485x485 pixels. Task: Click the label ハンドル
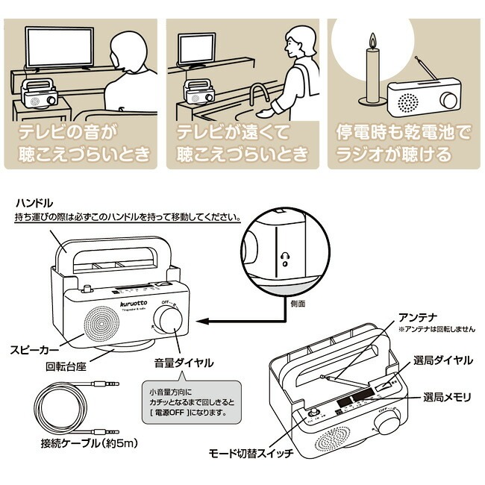tap(33, 203)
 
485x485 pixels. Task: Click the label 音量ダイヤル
tap(184, 363)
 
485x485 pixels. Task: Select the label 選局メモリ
tap(448, 396)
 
